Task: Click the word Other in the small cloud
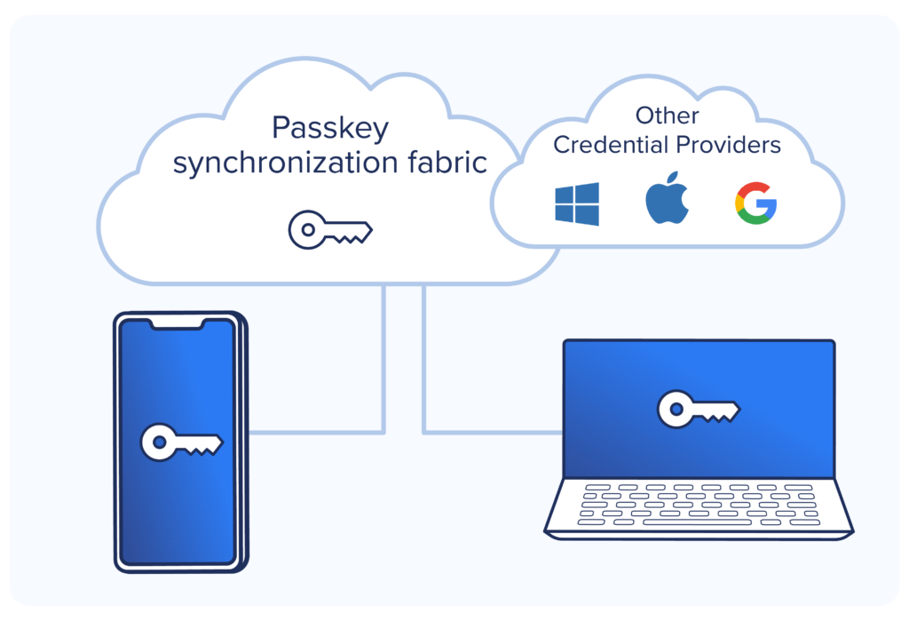[667, 115]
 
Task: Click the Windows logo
[577, 203]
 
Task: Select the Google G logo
[755, 203]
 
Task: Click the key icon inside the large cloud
[329, 231]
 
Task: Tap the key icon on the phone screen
[182, 442]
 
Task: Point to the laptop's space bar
[698, 521]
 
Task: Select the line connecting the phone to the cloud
[383, 373]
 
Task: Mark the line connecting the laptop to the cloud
[423, 373]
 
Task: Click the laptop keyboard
[698, 504]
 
